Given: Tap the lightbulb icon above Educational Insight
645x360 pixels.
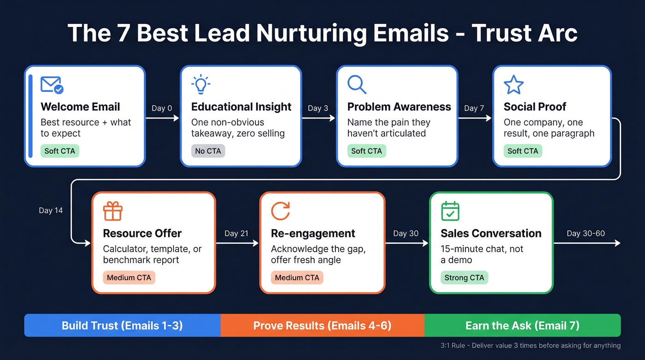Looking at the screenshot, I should point(200,85).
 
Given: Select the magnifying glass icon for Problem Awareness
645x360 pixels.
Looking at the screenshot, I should point(357,85).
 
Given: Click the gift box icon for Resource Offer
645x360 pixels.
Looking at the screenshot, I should point(112,212).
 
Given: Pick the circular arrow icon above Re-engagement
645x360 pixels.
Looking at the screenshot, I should point(280,212).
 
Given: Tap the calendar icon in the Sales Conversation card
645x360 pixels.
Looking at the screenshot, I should point(450,212).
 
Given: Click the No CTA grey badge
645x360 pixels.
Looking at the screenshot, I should point(208,151).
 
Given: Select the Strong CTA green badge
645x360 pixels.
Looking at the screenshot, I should point(464,278).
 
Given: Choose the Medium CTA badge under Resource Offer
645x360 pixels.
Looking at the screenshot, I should point(129,278).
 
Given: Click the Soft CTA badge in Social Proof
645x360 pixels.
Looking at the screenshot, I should point(522,151).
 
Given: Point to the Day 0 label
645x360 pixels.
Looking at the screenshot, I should point(162,108).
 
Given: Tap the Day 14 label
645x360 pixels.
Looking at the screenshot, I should point(51,211).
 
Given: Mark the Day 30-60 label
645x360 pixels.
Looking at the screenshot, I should point(586,233).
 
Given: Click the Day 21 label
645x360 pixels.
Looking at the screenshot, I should point(236,234).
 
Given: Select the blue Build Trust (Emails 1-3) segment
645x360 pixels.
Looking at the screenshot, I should point(122,326).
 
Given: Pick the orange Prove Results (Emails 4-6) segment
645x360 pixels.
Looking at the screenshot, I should point(322,326).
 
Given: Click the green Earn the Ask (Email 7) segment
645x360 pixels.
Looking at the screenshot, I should point(522,326).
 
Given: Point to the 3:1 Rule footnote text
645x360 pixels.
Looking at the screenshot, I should point(530,346).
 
